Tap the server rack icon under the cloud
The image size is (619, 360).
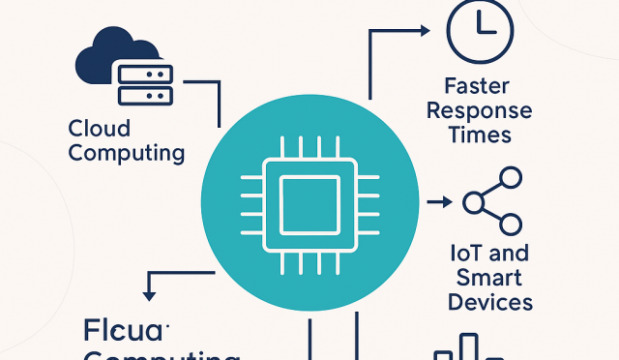click(143, 83)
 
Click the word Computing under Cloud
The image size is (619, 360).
click(126, 152)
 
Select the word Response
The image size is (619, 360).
click(481, 109)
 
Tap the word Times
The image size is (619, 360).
click(481, 134)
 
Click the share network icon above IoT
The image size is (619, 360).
click(492, 201)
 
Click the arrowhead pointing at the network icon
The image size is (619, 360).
click(446, 202)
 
